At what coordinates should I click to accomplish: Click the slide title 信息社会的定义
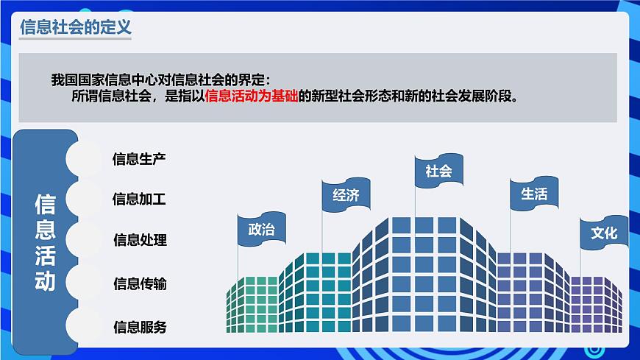point(74,29)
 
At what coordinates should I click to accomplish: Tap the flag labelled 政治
point(261,229)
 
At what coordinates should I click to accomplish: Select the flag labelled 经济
point(346,195)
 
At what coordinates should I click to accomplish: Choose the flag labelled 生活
point(534,194)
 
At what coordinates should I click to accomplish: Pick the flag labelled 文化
point(604,233)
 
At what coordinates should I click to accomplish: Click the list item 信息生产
point(139,158)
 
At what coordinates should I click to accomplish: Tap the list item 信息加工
point(139,199)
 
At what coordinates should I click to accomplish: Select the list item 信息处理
point(140,240)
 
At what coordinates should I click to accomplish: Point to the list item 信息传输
point(140,283)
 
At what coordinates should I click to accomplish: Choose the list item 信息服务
point(140,327)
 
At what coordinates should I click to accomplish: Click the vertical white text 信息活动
point(45,243)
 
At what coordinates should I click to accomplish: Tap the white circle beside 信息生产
point(83,158)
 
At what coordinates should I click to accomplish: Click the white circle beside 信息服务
point(83,326)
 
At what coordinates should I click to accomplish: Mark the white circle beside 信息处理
point(83,241)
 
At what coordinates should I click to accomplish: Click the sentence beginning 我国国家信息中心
point(161,80)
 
